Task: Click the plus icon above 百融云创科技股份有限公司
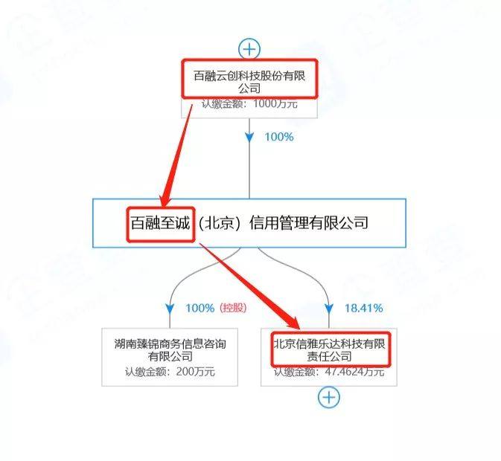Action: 249,49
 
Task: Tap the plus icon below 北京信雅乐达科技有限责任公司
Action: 328,398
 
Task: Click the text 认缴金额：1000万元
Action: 251,104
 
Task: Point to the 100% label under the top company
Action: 278,137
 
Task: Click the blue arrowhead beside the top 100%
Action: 249,138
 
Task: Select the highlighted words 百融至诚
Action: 160,222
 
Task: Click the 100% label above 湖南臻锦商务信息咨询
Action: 200,307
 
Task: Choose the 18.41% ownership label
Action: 364,307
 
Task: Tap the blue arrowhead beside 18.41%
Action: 329,307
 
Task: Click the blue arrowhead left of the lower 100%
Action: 170,307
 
